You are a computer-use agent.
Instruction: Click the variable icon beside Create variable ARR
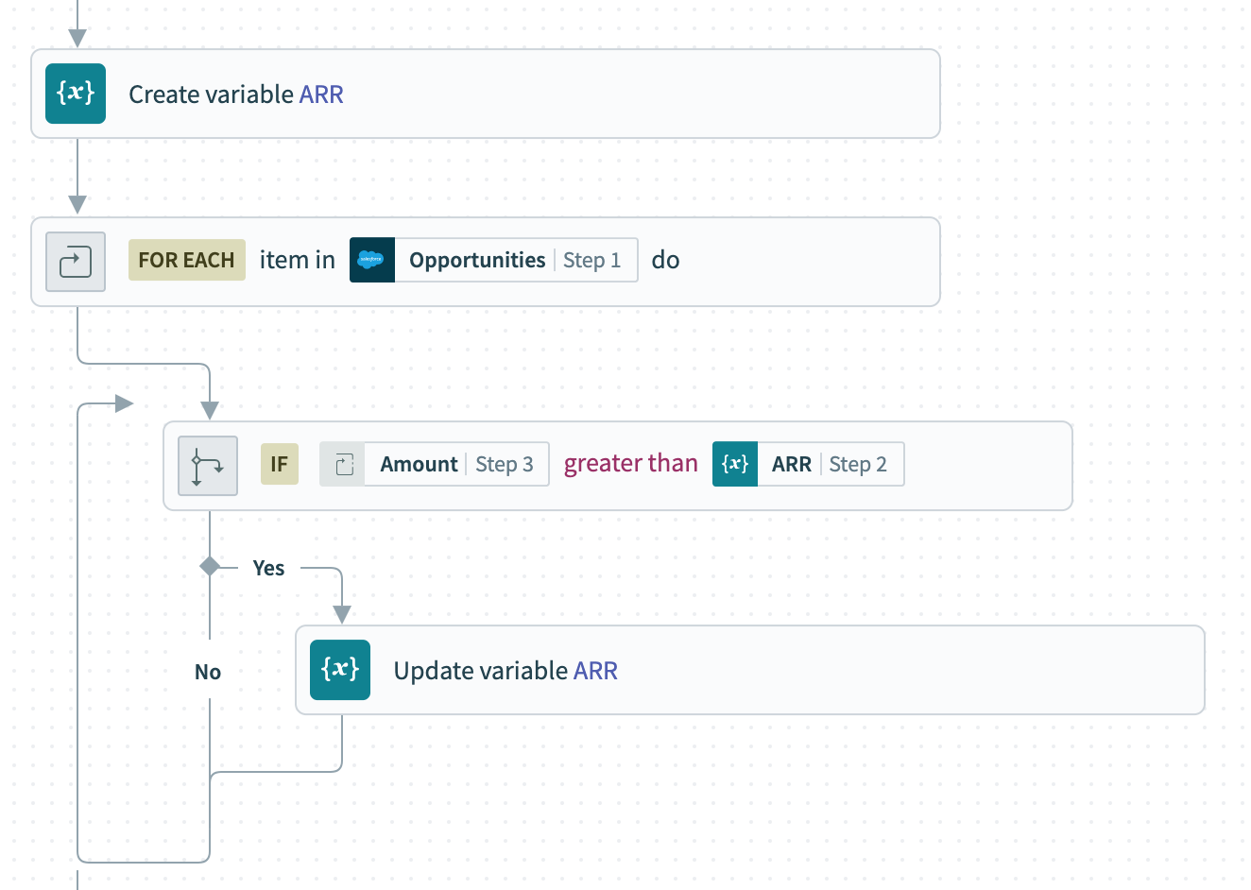point(76,94)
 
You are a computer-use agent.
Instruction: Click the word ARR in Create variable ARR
point(321,94)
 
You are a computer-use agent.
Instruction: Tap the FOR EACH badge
point(186,260)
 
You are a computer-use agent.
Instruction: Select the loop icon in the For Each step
point(76,262)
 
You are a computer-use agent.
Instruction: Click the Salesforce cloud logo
point(371,260)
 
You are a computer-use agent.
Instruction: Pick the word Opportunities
point(477,260)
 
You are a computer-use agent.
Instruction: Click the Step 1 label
point(591,260)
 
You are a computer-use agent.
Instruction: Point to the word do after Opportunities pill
point(665,260)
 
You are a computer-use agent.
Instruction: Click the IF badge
point(279,464)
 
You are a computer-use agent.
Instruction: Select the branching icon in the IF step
point(208,466)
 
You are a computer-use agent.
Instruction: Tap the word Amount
point(419,464)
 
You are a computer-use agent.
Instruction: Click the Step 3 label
point(504,464)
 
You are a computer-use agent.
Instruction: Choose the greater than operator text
point(630,464)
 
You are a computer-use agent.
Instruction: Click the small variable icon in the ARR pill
point(735,464)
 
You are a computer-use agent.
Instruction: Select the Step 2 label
point(857,464)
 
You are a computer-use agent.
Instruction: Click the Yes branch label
point(268,568)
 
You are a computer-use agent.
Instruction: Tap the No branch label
point(208,672)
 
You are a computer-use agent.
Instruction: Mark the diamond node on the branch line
point(210,566)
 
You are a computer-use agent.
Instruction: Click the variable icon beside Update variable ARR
point(340,670)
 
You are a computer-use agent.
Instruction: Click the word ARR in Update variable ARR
point(595,671)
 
